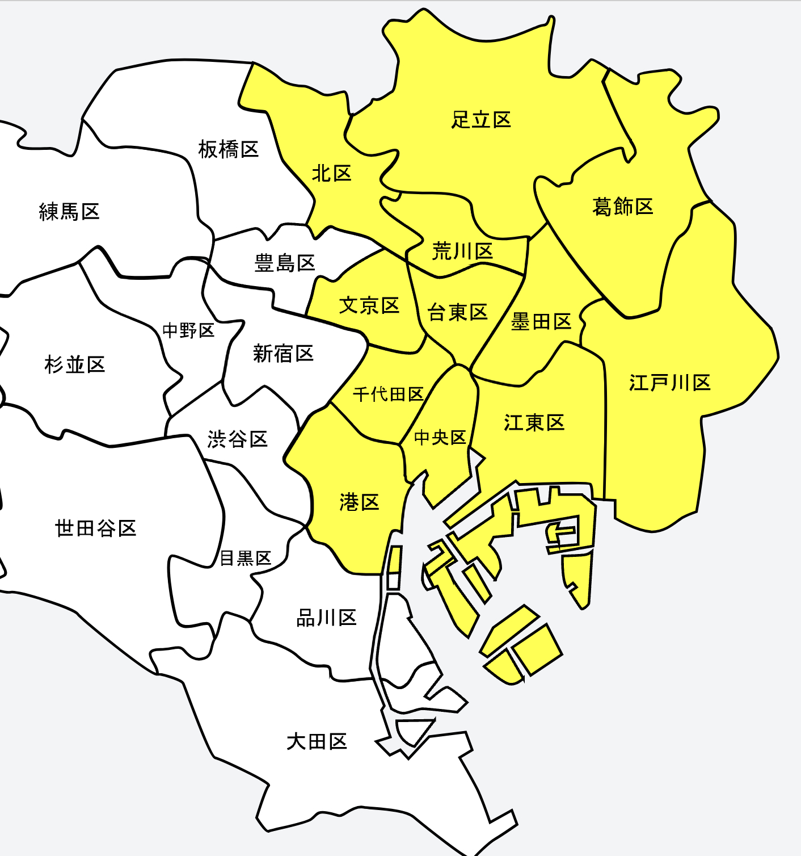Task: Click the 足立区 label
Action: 481,120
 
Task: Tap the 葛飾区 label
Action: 622,207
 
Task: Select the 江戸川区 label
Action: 669,383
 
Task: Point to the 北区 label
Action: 332,173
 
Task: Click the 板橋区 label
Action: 228,149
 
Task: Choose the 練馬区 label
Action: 69,212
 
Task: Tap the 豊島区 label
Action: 284,263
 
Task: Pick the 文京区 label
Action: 369,305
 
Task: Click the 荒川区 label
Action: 462,251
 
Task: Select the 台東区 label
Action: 457,312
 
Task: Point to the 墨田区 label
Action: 541,322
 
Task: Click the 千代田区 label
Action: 388,394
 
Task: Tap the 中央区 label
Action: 440,437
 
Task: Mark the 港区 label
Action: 359,502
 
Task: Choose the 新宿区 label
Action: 283,354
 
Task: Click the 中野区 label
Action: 188,330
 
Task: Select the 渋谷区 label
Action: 237,439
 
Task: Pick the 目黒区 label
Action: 246,558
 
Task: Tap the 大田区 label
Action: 317,741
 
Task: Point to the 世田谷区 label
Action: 95,528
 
